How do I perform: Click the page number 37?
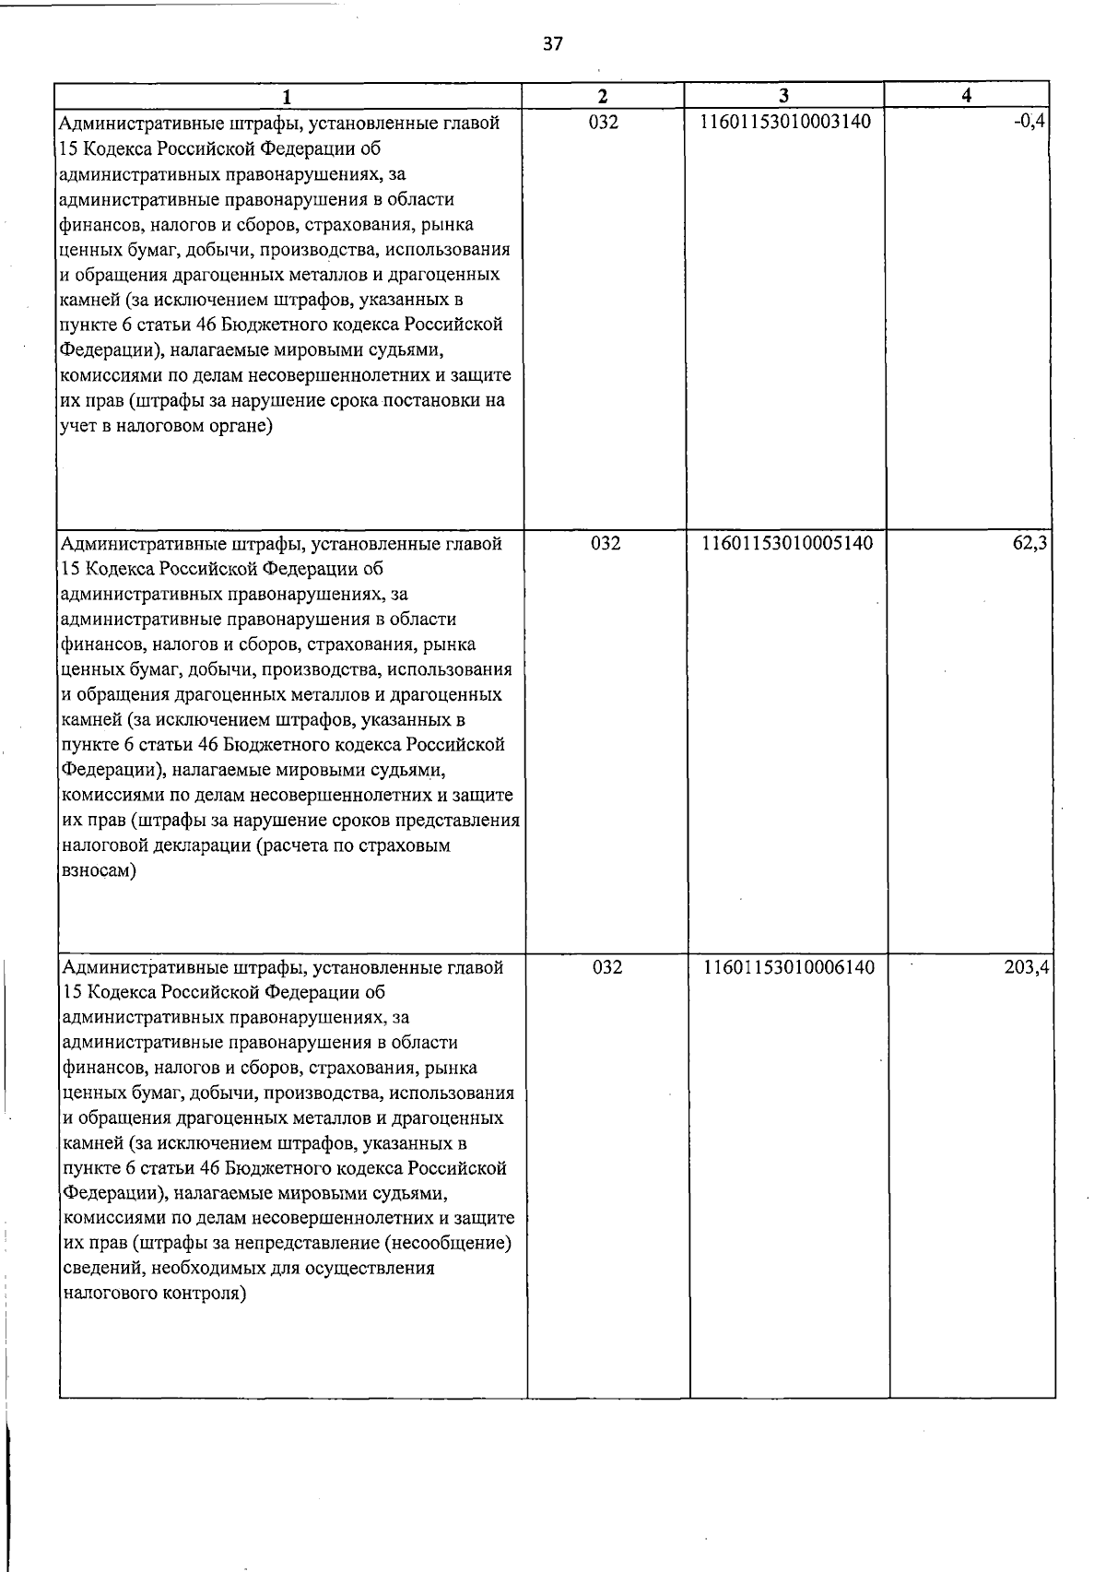tap(552, 43)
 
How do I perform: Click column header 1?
tap(287, 96)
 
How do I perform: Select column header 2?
tap(603, 96)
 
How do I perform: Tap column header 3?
tap(783, 96)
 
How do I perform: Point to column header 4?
tap(966, 96)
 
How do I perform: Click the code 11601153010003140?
tap(786, 122)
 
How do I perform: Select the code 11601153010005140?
tap(787, 544)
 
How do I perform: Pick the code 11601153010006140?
tap(789, 967)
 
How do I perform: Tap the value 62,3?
tap(1030, 544)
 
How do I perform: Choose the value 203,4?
tap(1028, 967)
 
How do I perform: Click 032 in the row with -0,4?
tap(604, 122)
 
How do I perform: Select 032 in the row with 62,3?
tap(606, 544)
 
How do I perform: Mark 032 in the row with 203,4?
tap(607, 967)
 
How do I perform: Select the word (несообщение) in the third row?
tap(449, 1243)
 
